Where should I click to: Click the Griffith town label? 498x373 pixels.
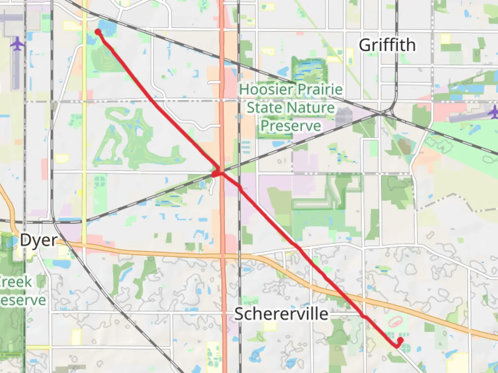[387, 45]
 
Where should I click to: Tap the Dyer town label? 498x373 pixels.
[38, 240]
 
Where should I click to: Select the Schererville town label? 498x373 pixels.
[281, 314]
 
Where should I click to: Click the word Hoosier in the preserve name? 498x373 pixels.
[266, 89]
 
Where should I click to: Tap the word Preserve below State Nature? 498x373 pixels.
[290, 125]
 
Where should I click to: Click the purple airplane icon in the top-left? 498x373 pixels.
[17, 44]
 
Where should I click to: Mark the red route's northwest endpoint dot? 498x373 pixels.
[98, 32]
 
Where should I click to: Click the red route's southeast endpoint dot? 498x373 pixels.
[400, 340]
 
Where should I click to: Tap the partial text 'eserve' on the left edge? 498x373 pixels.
[23, 300]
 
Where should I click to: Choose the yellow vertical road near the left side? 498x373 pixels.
[84, 138]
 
